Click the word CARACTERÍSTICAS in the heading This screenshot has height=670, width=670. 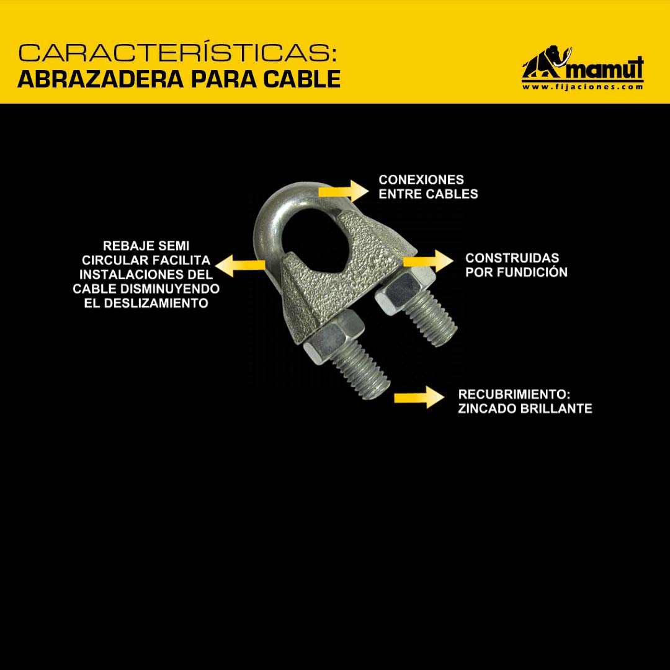coord(174,53)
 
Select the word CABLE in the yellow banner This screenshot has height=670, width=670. coord(301,79)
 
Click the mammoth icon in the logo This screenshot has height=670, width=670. coord(547,62)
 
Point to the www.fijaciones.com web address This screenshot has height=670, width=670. coord(583,87)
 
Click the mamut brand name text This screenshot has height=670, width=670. coord(604,68)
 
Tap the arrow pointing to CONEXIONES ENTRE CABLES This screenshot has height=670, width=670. coord(344,190)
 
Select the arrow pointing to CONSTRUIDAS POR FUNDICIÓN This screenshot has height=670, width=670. coord(428,261)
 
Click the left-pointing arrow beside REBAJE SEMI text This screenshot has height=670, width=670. coord(239,266)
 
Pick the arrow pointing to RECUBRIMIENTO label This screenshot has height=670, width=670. coord(419,398)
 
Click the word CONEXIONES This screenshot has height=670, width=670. coord(421,179)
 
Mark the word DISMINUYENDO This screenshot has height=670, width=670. coord(170,289)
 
